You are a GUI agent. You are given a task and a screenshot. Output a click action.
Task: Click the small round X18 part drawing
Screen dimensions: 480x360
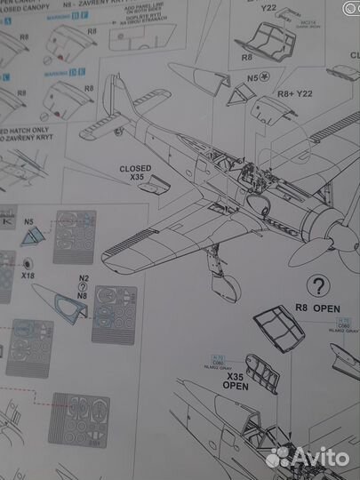coord(29,264)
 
